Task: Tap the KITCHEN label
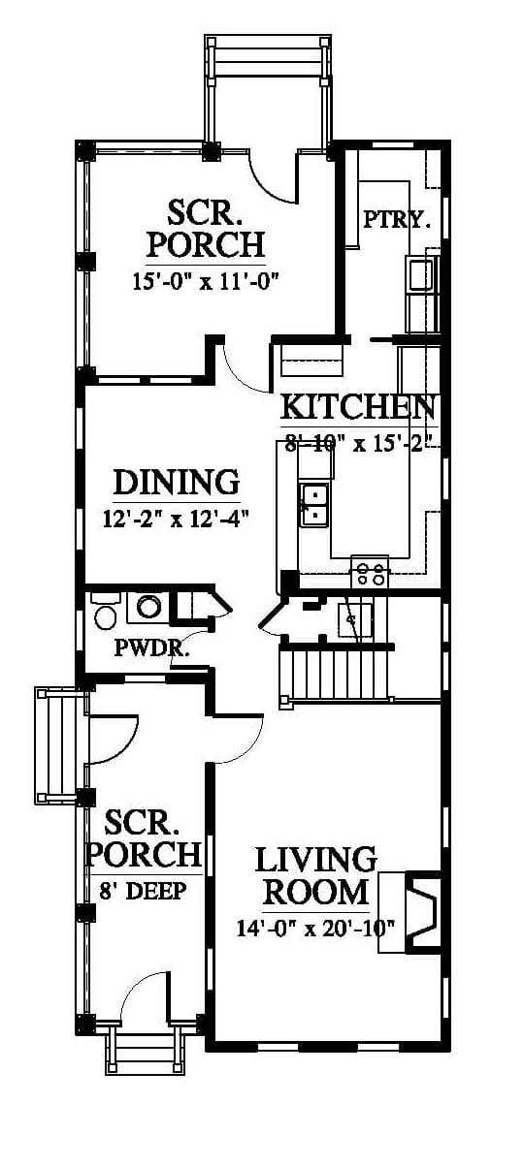(358, 407)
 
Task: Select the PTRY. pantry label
(397, 219)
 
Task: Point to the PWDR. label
(151, 648)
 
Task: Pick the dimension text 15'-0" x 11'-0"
(207, 282)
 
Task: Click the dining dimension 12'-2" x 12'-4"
(177, 519)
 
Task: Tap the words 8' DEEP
(143, 891)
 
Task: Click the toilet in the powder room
(106, 614)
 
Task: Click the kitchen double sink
(313, 504)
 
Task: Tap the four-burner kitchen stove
(370, 572)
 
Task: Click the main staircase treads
(337, 672)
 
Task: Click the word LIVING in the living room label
(315, 860)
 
